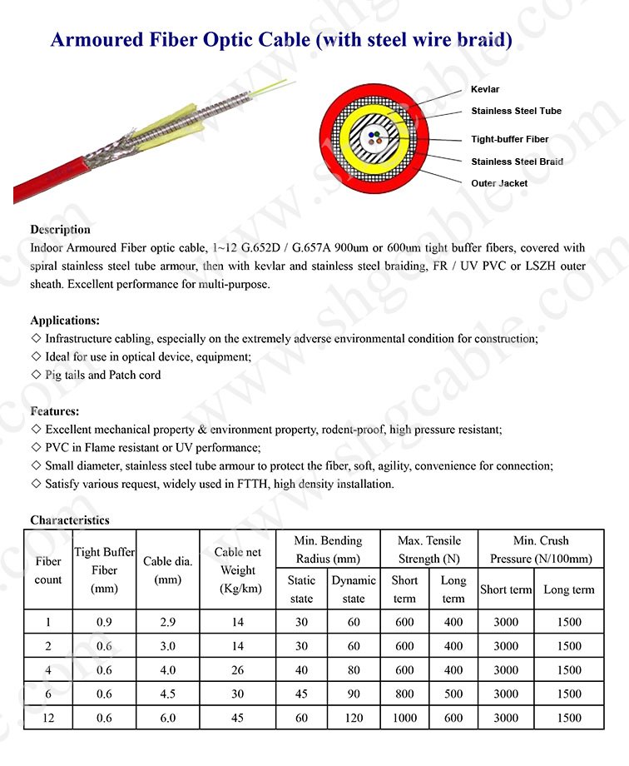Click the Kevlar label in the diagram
pos(485,89)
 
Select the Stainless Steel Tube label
pos(516,111)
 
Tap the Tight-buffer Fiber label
pos(509,139)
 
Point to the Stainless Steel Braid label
pos(517,162)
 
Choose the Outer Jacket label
pos(499,183)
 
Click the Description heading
pos(60,229)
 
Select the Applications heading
pos(65,320)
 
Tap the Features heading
pos(55,411)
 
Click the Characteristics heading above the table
pos(70,520)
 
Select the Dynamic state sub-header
pos(354,589)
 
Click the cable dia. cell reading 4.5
pos(168,694)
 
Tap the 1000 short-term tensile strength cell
pos(404,718)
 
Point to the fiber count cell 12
pos(48,718)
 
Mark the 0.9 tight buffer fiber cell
pos(105,622)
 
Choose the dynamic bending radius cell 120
pos(354,718)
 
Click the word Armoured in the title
pos(91,39)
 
